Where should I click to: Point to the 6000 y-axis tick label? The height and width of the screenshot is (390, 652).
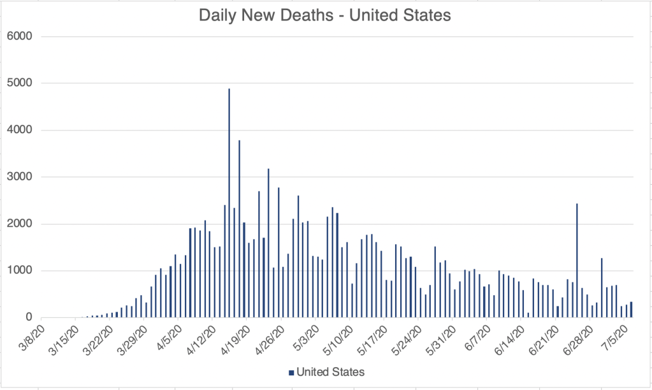pos(19,36)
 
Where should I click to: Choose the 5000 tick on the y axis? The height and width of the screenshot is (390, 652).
pos(19,83)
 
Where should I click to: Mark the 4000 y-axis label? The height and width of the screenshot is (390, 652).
pos(19,130)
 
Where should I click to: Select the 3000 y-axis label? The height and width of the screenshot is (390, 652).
pos(19,177)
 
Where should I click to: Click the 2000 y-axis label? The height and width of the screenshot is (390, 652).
pos(19,224)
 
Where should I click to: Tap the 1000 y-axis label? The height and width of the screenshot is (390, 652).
pos(19,271)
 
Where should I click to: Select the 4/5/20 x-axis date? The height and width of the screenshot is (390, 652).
pos(167,338)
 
